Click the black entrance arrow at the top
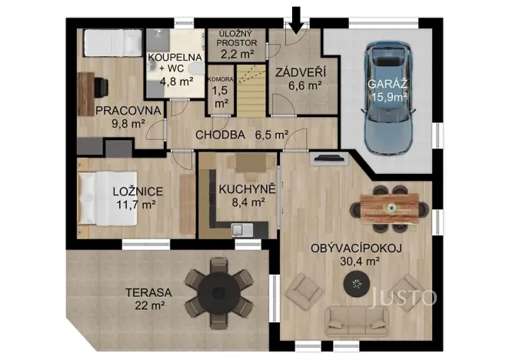pyautogui.click(x=296, y=20)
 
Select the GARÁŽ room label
pyautogui.click(x=388, y=84)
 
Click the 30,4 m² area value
pyautogui.click(x=360, y=261)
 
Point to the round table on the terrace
pyautogui.click(x=219, y=293)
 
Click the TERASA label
pyautogui.click(x=148, y=292)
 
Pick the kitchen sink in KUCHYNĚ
pyautogui.click(x=242, y=230)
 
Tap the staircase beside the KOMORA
pyautogui.click(x=251, y=90)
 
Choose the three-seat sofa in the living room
pyautogui.click(x=357, y=322)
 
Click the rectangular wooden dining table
pyautogui.click(x=390, y=208)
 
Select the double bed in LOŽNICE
pyautogui.click(x=108, y=198)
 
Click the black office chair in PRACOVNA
pyautogui.click(x=101, y=87)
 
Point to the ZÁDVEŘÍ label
pyautogui.click(x=301, y=72)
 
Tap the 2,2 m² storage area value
pyautogui.click(x=238, y=54)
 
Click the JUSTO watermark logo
pyautogui.click(x=404, y=297)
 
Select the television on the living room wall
pyautogui.click(x=329, y=158)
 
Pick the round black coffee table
pyautogui.click(x=357, y=284)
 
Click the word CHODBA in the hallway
pyautogui.click(x=220, y=135)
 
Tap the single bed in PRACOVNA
pyautogui.click(x=113, y=43)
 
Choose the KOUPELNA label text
pyautogui.click(x=175, y=57)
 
